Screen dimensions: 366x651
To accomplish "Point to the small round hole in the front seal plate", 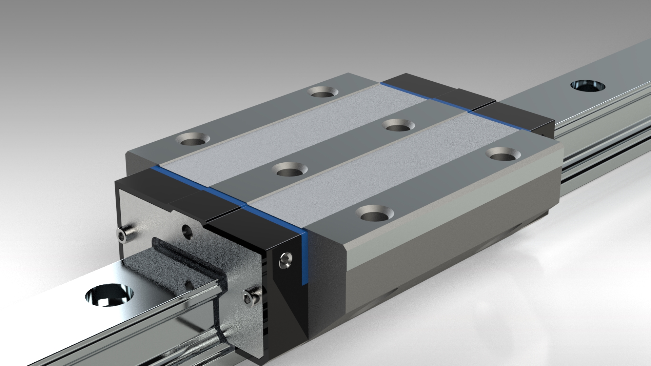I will click(187, 232).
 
